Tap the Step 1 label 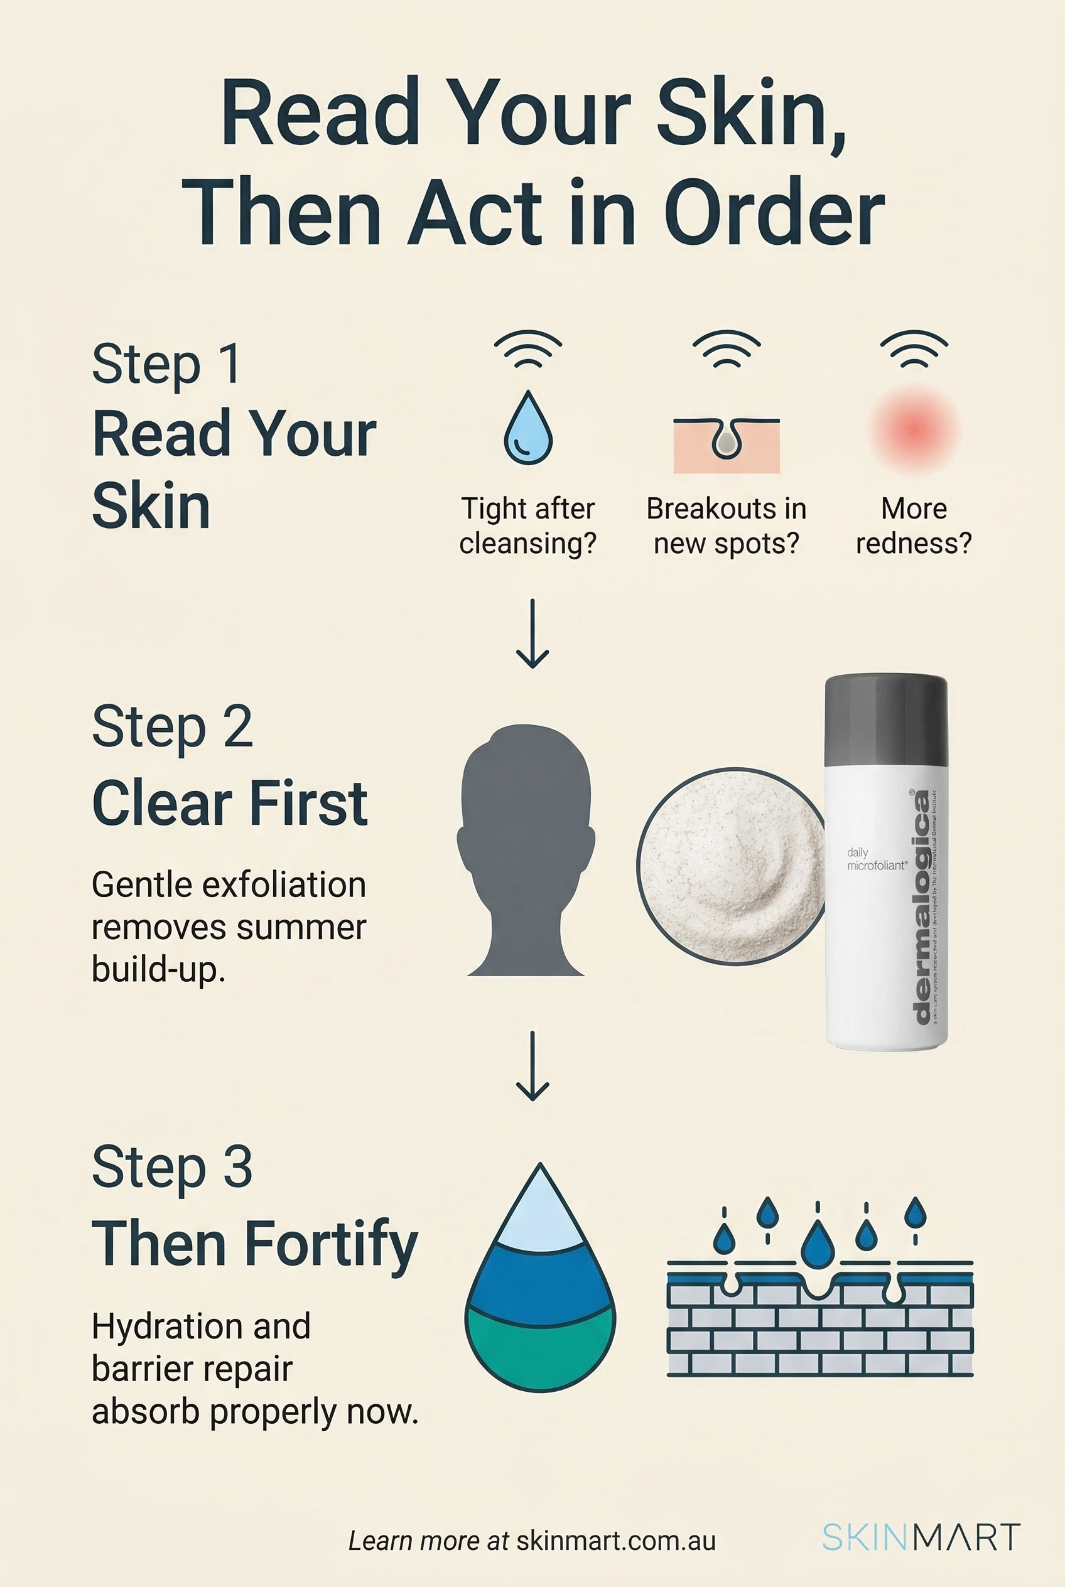point(166,364)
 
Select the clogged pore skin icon point(726,445)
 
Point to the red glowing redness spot point(914,430)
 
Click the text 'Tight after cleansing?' point(527,526)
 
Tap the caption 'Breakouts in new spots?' point(726,526)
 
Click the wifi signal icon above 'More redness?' point(914,349)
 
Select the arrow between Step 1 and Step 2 point(532,633)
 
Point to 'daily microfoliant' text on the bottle point(876,859)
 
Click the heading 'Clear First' point(230,804)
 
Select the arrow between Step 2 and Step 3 point(532,1065)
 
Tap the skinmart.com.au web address point(615,1541)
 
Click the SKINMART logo point(921,1537)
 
